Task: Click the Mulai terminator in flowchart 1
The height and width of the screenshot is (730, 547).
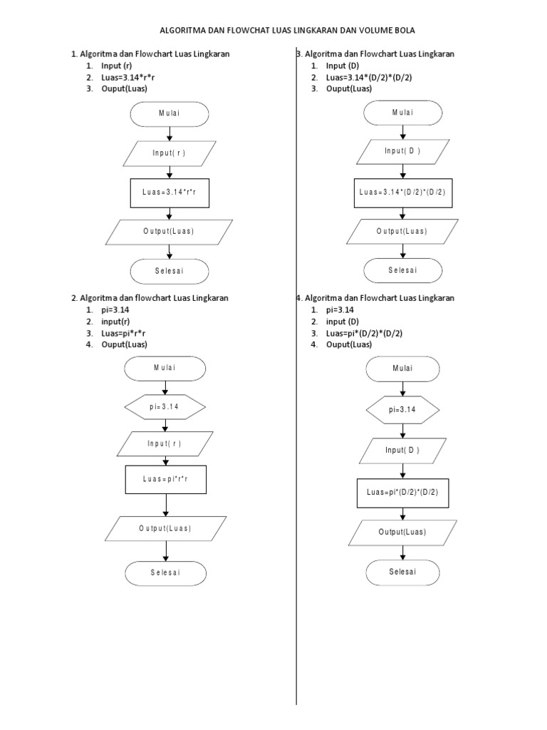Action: tap(169, 114)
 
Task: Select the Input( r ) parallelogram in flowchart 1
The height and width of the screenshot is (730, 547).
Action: tap(169, 153)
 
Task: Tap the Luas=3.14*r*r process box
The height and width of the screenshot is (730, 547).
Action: tap(169, 192)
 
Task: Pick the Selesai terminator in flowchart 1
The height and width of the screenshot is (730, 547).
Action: tap(169, 272)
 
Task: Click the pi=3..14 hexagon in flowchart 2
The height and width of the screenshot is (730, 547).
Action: tap(165, 407)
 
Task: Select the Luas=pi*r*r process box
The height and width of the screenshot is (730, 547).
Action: tap(165, 479)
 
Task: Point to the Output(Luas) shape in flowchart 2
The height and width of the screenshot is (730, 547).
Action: tap(165, 528)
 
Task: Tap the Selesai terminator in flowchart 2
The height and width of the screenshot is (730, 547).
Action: tap(165, 573)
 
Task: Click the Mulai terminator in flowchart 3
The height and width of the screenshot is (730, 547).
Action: tap(402, 113)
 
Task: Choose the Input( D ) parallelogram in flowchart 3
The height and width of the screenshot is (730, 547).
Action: tap(402, 151)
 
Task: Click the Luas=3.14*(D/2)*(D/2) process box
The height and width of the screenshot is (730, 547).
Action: tap(402, 192)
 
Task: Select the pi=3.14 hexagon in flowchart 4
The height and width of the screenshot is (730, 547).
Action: tap(402, 410)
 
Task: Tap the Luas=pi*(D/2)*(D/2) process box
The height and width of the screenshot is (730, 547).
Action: tap(402, 493)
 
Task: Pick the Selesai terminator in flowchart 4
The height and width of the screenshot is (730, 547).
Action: tap(402, 572)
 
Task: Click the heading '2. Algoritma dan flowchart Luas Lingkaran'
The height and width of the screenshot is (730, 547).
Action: tap(150, 298)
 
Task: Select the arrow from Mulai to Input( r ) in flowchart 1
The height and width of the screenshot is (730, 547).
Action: tap(169, 133)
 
